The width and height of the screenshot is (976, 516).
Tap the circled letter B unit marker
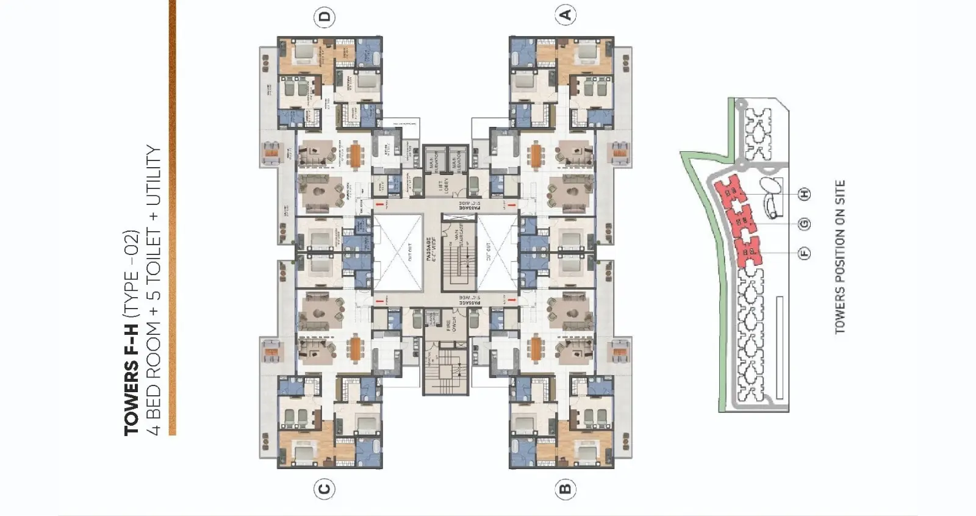click(565, 489)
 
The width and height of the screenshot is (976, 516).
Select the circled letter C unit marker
click(325, 489)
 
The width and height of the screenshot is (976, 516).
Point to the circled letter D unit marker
click(325, 16)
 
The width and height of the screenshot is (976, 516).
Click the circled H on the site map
click(805, 194)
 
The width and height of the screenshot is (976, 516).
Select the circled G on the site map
click(805, 223)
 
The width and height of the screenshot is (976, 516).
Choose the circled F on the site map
click(805, 253)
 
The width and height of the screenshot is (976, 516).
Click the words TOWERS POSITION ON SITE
click(840, 257)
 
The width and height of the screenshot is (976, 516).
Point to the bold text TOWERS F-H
click(132, 379)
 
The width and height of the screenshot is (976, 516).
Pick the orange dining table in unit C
click(354, 349)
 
